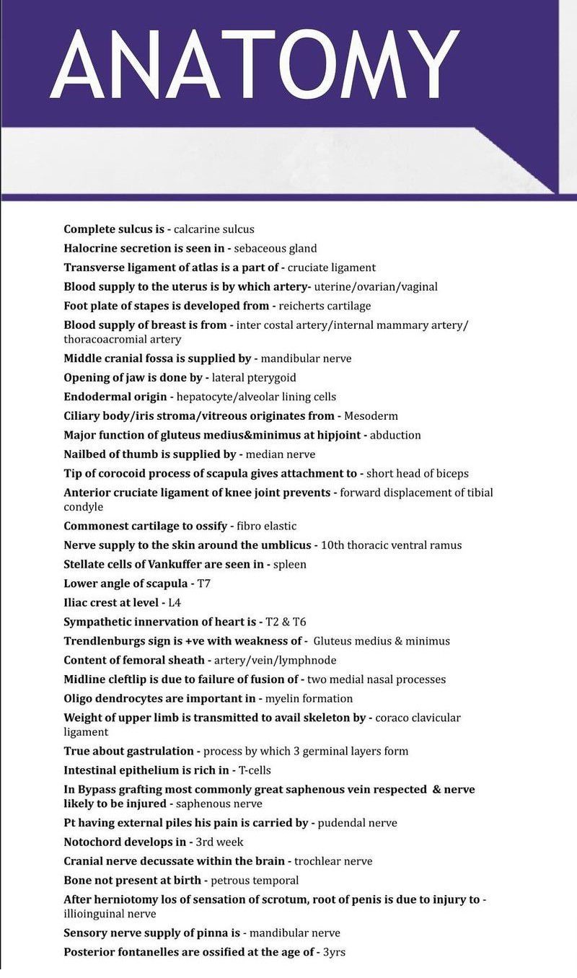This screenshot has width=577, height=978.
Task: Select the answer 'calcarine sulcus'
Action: tap(214, 229)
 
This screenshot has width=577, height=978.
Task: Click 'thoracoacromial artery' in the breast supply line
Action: tap(123, 339)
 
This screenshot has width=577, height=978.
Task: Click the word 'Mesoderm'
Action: tap(371, 416)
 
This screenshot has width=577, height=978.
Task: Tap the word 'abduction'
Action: tap(395, 436)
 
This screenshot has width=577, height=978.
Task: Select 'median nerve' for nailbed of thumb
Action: tap(281, 455)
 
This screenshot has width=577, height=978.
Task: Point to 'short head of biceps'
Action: tap(418, 474)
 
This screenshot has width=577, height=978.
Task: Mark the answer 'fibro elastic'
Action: tap(266, 527)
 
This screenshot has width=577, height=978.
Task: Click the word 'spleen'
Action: tap(289, 565)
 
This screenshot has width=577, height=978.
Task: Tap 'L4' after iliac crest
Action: tap(175, 603)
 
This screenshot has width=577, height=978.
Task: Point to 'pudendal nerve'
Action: tap(357, 823)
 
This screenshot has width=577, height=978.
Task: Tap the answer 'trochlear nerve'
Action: tap(333, 861)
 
